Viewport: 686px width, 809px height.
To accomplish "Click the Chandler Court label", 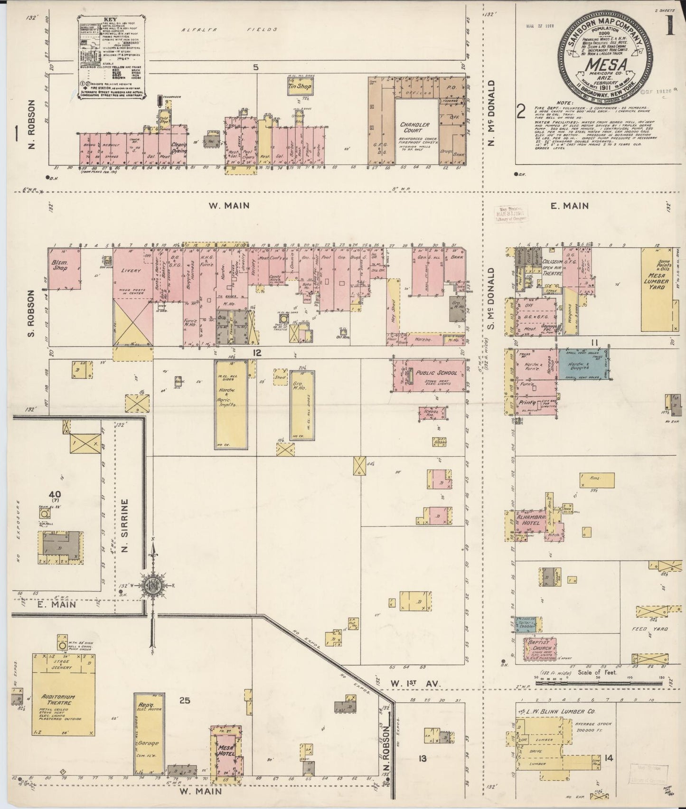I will point(418,128).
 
